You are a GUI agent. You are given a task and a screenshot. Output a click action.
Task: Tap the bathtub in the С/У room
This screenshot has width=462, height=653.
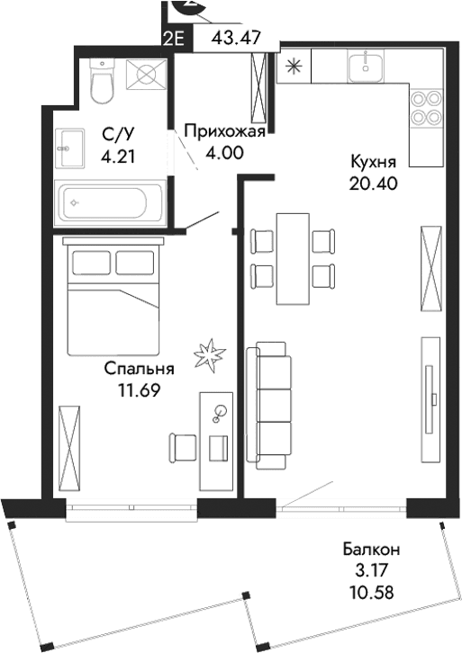pos(110,203)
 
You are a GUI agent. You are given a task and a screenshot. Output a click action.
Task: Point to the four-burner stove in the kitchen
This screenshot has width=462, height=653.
pos(425,107)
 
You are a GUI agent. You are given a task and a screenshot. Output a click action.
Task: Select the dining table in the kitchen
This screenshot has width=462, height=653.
pos(289,259)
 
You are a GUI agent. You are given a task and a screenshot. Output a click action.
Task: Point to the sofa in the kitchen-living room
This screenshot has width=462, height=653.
pos(273,401)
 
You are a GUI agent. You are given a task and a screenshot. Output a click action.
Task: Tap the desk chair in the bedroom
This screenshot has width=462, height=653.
pos(185,445)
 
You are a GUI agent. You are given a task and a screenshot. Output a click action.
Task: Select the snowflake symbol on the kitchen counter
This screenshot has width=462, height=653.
pos(292,65)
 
